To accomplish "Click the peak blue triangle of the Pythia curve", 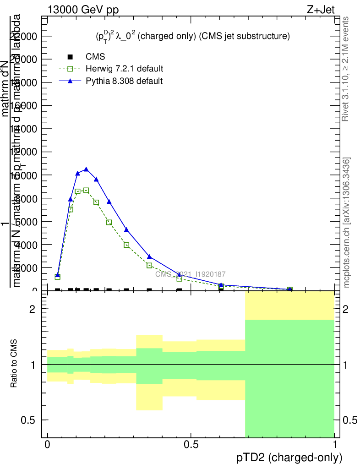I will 86,169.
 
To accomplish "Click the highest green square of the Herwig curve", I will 86,190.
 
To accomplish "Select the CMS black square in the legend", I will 70,57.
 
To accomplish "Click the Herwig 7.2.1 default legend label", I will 125,69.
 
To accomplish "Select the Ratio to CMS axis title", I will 14,364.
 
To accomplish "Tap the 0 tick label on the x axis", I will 48,445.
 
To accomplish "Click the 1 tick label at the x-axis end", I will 335,445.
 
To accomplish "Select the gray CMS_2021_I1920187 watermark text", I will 191,274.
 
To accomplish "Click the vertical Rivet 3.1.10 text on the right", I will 346,69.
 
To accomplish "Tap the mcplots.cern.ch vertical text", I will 347,223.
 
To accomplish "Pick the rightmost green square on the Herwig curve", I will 290,289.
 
